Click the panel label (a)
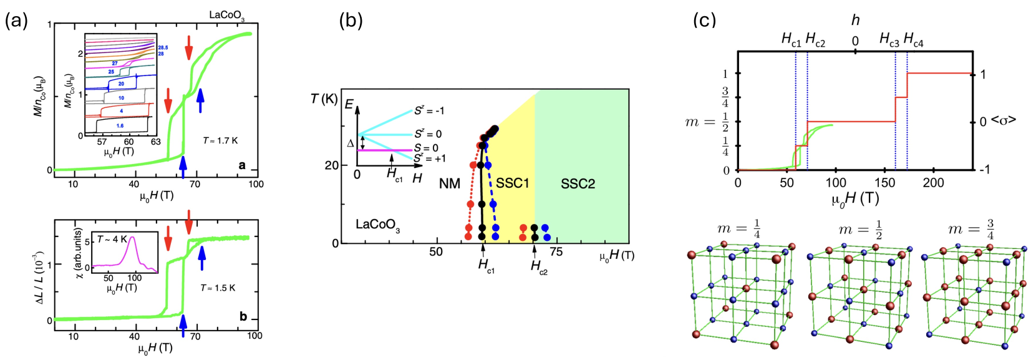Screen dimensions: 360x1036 tap(16, 21)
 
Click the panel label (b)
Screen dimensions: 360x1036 tap(351, 21)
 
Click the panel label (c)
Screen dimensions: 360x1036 tap(704, 21)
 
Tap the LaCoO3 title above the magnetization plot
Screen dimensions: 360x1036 tap(226, 15)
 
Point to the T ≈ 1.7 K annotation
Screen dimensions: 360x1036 tap(220, 140)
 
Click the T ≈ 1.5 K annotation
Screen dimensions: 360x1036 tap(218, 288)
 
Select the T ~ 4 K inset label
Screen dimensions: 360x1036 tap(112, 239)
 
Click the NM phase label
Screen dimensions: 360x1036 tap(449, 183)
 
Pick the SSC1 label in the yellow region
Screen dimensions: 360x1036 tap(512, 183)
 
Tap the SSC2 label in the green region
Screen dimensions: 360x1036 tap(578, 183)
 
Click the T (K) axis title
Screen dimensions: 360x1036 tap(325, 99)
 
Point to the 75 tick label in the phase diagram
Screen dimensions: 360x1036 tap(556, 251)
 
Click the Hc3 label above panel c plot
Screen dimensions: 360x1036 tap(889, 40)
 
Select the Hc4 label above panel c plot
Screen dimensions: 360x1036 tap(913, 40)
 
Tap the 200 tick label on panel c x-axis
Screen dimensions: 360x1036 tap(933, 182)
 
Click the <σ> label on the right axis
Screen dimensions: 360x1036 tap(1004, 120)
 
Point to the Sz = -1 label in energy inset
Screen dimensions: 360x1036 tap(429, 110)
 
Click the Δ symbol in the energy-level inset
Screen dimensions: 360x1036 tap(350, 143)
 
